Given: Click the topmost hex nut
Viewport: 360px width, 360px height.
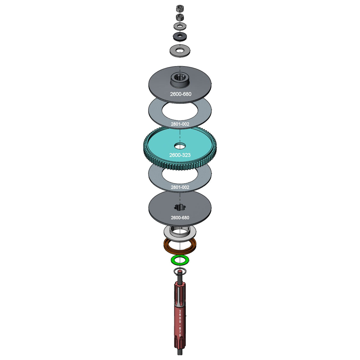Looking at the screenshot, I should pos(179,8).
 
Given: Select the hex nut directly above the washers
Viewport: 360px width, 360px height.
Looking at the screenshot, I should pos(179,17).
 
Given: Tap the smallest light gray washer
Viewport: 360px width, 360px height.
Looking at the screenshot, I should pos(180,26).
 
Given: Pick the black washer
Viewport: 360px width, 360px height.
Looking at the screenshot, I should pos(180,37).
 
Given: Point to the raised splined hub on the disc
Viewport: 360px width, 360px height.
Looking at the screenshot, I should pos(180,79).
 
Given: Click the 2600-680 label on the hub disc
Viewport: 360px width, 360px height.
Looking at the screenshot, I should pos(181,94).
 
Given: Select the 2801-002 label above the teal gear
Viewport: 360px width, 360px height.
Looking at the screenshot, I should pos(180,124).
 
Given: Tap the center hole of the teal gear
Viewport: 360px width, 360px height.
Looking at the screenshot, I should pos(180,146).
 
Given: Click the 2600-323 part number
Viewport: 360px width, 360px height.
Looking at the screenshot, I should pos(180,155).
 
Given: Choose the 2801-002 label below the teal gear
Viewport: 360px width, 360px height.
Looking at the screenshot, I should pos(180,187).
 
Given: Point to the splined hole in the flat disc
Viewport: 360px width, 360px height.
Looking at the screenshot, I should pos(180,207).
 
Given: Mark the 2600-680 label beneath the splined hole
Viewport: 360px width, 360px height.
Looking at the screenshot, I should pos(180,217).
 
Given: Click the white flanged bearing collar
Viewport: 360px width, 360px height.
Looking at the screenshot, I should pos(180,231).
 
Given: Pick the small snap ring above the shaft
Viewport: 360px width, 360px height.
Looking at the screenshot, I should pos(180,270).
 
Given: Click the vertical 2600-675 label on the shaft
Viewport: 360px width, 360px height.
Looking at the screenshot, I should pos(180,323).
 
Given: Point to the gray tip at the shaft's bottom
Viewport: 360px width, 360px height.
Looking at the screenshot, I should pos(180,352).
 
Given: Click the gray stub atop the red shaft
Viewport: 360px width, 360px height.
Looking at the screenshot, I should pos(180,278).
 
